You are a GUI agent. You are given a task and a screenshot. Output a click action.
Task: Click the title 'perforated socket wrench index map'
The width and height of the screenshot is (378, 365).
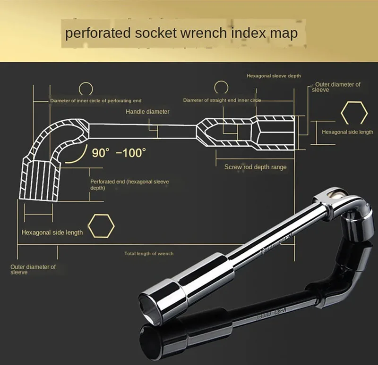(181, 33)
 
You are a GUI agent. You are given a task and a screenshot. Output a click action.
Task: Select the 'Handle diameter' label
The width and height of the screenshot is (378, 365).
(147, 112)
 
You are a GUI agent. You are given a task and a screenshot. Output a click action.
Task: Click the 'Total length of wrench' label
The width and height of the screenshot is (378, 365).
(149, 254)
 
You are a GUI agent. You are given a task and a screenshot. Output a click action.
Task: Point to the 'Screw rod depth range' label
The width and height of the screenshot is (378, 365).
(256, 167)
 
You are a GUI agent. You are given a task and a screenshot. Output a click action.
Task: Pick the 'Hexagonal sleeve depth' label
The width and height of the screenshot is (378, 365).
(274, 75)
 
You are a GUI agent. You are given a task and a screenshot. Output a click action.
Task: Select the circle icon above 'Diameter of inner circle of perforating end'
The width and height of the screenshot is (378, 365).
(86, 88)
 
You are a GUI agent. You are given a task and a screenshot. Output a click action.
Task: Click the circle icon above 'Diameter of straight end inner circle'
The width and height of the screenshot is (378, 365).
(221, 87)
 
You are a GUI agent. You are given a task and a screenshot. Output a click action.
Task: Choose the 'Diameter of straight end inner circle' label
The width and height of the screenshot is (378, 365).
(222, 100)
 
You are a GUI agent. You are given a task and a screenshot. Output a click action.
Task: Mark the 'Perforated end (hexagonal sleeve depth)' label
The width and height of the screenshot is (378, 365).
(129, 184)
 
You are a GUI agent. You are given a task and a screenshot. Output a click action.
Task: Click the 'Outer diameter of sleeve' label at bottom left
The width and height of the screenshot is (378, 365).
(33, 269)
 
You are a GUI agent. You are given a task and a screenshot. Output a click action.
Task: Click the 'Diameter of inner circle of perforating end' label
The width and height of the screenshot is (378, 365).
(96, 100)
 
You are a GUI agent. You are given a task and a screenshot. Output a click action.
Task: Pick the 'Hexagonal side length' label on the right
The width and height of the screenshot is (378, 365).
(347, 132)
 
